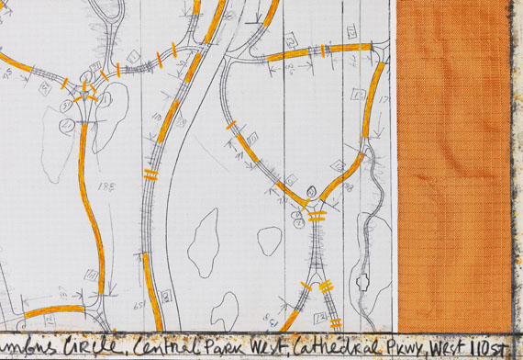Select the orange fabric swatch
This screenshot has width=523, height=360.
point(453,165)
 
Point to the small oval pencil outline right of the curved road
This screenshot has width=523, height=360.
point(269,241)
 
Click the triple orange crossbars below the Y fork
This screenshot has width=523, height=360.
point(317,217)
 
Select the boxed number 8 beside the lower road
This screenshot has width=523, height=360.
point(167,296)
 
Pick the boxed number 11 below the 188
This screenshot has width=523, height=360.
point(92,274)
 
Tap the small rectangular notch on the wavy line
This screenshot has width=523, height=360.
point(362,283)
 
